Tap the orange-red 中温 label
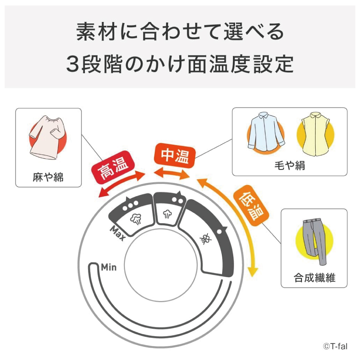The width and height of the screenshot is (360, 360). click(x=175, y=156)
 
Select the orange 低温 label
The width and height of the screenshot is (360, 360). click(x=251, y=206)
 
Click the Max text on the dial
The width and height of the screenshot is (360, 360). click(x=118, y=233)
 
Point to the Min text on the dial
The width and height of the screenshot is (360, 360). click(x=109, y=267)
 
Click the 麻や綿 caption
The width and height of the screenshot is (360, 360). click(x=48, y=177)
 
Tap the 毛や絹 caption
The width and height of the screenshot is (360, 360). click(x=290, y=166)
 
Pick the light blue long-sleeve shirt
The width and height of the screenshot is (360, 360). click(x=266, y=131)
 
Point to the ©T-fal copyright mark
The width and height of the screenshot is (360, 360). click(x=335, y=346)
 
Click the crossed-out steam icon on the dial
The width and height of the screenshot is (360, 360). click(x=206, y=239)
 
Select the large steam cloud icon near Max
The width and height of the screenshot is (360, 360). click(x=136, y=219)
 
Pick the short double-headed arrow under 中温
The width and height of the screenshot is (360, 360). click(x=172, y=174)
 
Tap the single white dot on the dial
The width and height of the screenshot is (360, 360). click(x=219, y=231)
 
